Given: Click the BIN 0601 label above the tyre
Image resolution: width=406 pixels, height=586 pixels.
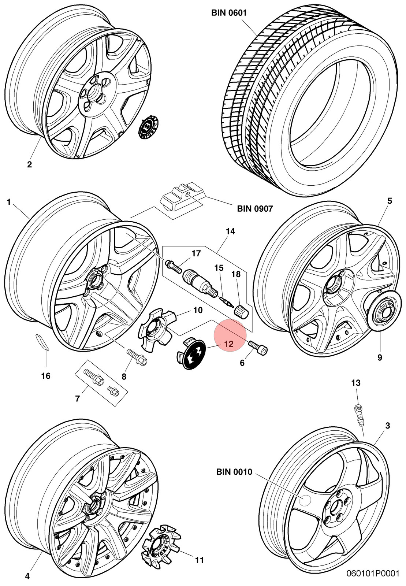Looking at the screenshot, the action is (x=229, y=13).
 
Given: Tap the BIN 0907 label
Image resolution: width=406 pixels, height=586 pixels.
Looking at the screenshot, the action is (x=255, y=208).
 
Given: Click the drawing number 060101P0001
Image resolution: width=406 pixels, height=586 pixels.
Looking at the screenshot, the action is (x=373, y=579).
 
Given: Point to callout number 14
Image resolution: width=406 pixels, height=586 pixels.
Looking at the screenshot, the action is (x=230, y=231).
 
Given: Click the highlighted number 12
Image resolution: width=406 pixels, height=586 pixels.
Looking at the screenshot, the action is (x=229, y=344).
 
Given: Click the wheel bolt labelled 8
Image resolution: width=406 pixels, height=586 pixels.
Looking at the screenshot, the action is (x=137, y=357).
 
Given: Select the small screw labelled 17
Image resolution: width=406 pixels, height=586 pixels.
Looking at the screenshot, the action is (x=174, y=266).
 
